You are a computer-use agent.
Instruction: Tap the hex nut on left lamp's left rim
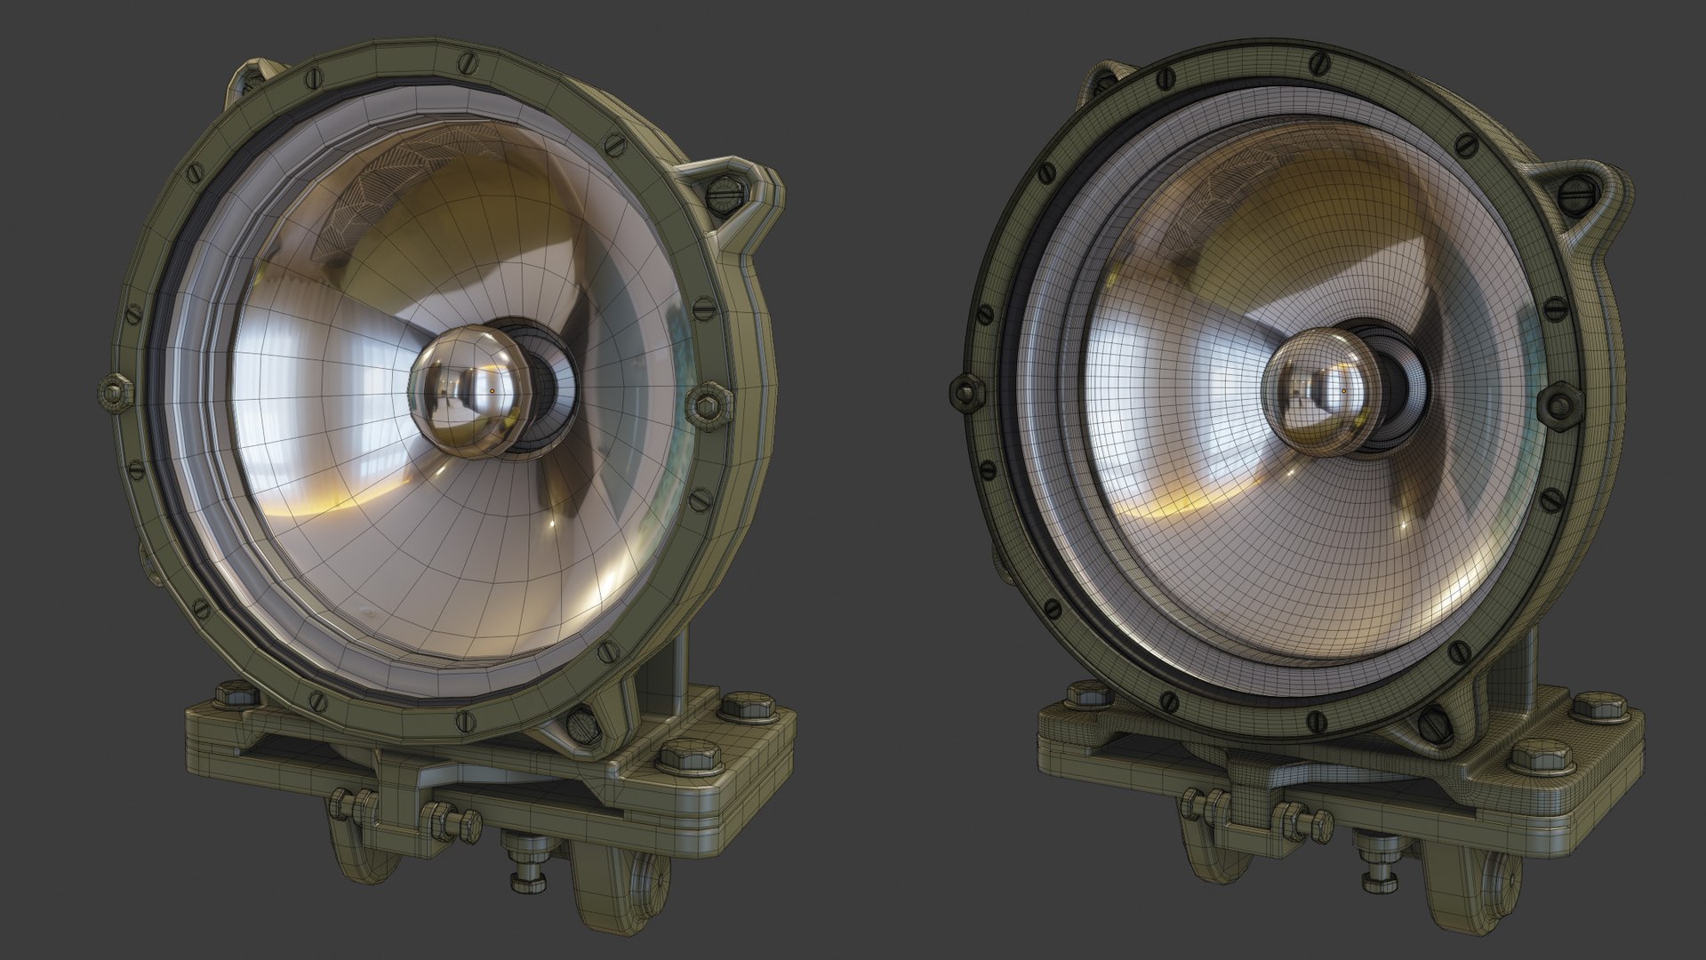pyautogui.click(x=113, y=391)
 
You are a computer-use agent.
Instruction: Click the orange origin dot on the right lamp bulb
pyautogui.click(x=1343, y=389)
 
